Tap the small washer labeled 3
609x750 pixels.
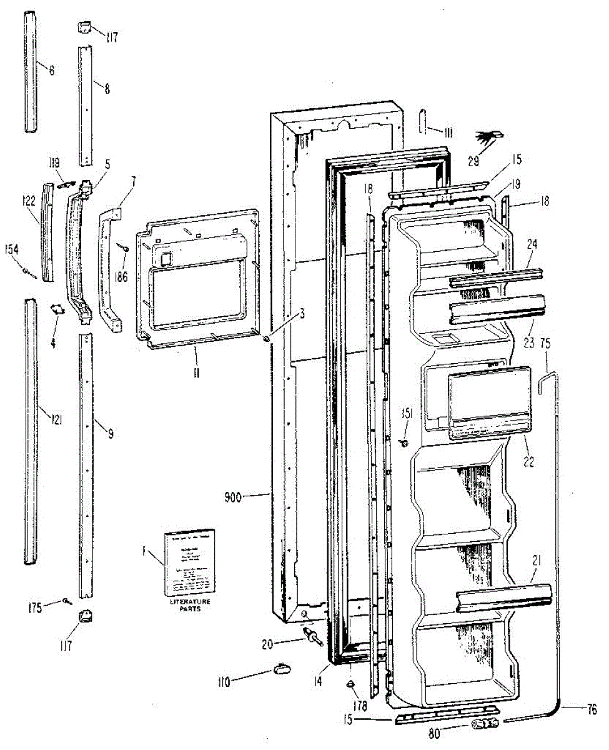click(267, 339)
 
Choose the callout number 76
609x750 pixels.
click(591, 709)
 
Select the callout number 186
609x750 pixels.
click(121, 276)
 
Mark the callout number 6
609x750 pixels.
click(51, 71)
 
